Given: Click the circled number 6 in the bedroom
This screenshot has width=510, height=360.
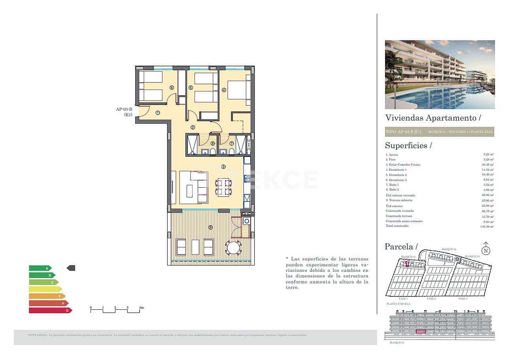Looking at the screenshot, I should click(x=172, y=88).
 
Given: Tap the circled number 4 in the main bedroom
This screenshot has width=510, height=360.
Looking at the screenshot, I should click(x=224, y=90).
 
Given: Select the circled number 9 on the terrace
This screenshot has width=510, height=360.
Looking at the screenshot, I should click(x=211, y=227).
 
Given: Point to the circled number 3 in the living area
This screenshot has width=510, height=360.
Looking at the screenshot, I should click(x=223, y=167).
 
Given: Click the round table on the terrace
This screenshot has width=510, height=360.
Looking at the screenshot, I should click(x=234, y=248).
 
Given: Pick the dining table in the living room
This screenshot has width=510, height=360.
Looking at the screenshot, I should click(x=223, y=187).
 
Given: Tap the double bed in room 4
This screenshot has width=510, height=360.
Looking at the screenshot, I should click(x=239, y=90).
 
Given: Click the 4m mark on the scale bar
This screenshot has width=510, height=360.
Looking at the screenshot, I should click(x=141, y=307).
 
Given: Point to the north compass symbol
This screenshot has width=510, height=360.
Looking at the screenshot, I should click(x=486, y=250).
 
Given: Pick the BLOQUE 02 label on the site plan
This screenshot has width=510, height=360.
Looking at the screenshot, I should click(x=449, y=249).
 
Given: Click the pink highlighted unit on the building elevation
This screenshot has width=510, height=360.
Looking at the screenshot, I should click(x=421, y=332).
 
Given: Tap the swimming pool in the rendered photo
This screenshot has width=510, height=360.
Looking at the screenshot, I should click(x=439, y=97).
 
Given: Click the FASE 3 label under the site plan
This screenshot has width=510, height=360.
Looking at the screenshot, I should click(x=463, y=299).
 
